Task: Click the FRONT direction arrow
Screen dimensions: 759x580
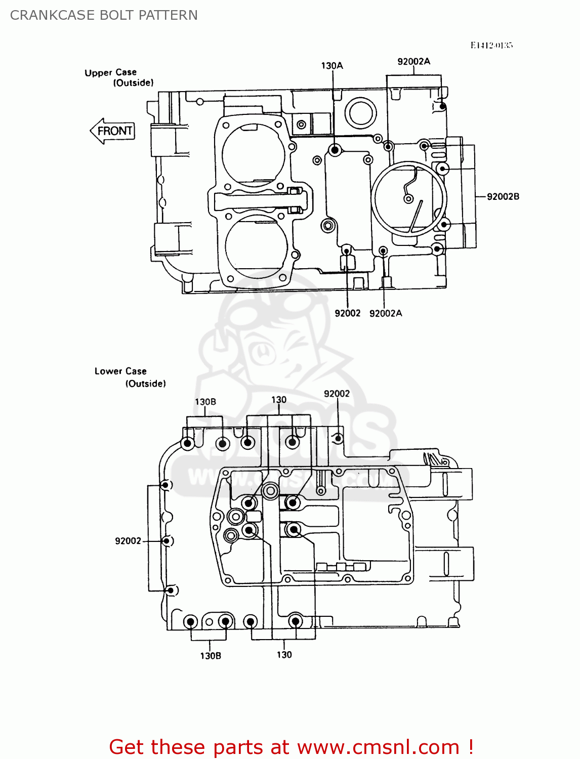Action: click(x=112, y=131)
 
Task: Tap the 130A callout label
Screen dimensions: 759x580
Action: click(x=332, y=66)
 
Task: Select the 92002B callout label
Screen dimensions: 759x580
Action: click(x=503, y=196)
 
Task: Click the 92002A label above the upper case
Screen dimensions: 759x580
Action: click(x=413, y=62)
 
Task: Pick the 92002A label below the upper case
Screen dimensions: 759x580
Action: click(x=386, y=314)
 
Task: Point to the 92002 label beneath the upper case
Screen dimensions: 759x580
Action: click(x=347, y=314)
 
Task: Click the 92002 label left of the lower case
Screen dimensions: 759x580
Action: click(x=128, y=541)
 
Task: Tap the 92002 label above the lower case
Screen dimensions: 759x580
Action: click(x=337, y=394)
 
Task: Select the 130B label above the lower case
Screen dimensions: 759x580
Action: click(x=205, y=402)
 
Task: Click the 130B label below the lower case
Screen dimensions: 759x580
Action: click(x=211, y=656)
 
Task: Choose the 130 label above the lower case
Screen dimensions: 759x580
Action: click(x=279, y=400)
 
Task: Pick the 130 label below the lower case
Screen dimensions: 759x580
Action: click(x=284, y=655)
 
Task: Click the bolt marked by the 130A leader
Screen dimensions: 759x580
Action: click(x=334, y=150)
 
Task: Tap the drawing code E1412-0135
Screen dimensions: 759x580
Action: click(x=491, y=46)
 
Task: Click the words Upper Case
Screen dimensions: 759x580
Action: click(x=110, y=72)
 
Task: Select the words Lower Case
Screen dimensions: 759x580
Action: click(x=120, y=371)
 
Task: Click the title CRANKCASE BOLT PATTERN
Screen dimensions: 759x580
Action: click(x=104, y=15)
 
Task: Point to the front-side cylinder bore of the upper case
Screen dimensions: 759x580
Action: click(x=253, y=151)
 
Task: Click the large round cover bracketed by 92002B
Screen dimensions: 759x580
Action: click(x=409, y=198)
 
